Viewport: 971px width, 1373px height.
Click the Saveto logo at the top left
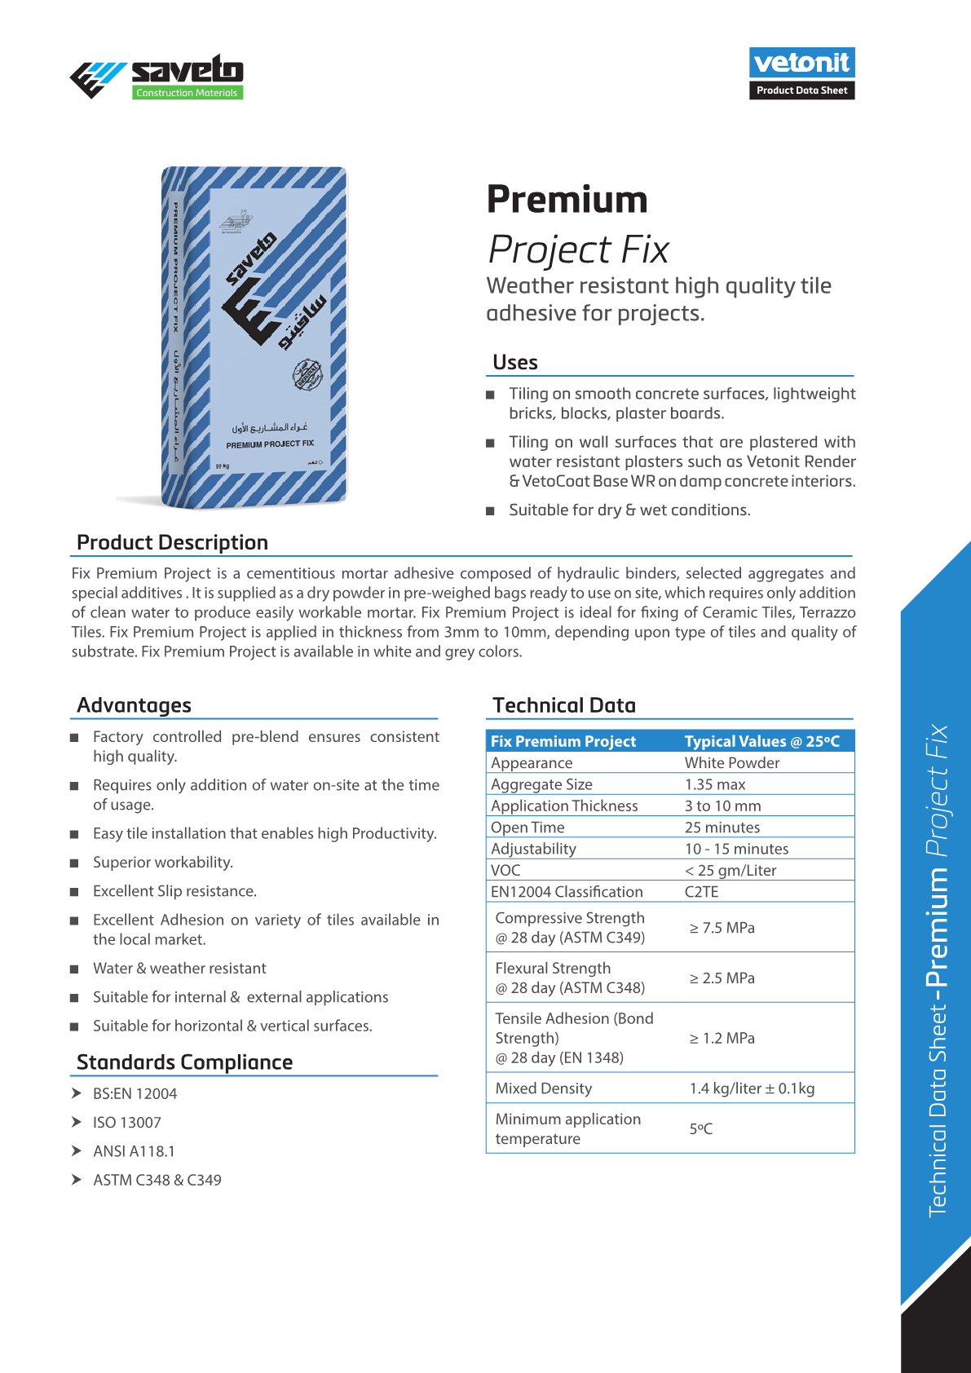(157, 77)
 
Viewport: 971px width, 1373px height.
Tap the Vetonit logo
(801, 63)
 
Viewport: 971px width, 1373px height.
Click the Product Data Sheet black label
(801, 91)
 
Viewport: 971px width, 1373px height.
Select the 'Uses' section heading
(515, 362)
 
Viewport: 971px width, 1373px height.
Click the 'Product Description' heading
(172, 543)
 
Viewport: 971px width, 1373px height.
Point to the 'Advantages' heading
(134, 705)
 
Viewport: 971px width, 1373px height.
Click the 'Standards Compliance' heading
(184, 1062)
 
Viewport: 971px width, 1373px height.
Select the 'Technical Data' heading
(564, 705)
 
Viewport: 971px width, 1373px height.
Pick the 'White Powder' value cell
(732, 763)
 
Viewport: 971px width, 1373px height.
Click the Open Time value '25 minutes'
(722, 828)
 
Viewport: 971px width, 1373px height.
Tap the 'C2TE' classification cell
(702, 892)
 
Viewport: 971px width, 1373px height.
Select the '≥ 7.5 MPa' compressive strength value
(722, 928)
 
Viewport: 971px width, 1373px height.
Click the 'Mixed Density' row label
(544, 1088)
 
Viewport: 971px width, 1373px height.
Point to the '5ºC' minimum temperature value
(701, 1129)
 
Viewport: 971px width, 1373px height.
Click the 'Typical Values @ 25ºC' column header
(761, 741)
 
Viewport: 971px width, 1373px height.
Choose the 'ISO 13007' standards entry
(127, 1123)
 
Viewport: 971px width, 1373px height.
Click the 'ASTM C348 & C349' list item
(157, 1180)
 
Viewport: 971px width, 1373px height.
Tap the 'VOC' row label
(505, 871)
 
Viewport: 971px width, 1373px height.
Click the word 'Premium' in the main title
(567, 200)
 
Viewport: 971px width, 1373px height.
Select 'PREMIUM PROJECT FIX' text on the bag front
(270, 444)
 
